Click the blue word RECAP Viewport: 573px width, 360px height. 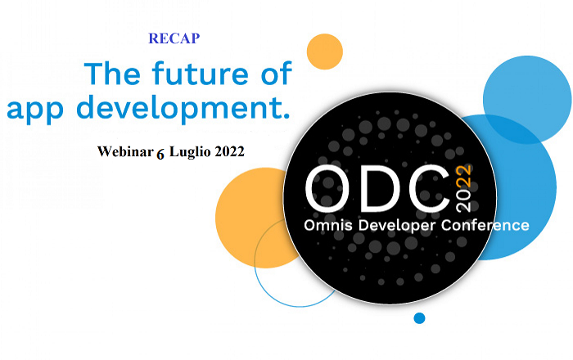coord(174,38)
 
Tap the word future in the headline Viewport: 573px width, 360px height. coord(201,74)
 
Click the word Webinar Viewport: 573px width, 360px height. coord(125,151)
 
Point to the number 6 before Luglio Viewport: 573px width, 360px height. coord(160,155)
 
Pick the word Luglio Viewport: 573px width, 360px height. coord(190,152)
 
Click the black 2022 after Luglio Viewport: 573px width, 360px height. coord(229,151)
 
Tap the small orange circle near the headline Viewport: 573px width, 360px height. coord(324,52)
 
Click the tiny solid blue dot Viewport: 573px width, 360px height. coord(419,318)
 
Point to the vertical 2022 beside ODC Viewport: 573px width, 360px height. coord(464,188)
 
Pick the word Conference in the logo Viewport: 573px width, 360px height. coord(485,225)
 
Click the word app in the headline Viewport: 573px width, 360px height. coord(35,110)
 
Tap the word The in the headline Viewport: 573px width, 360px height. coord(112,74)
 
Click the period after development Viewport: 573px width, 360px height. coord(286,116)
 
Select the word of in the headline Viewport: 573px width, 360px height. coord(277,73)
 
